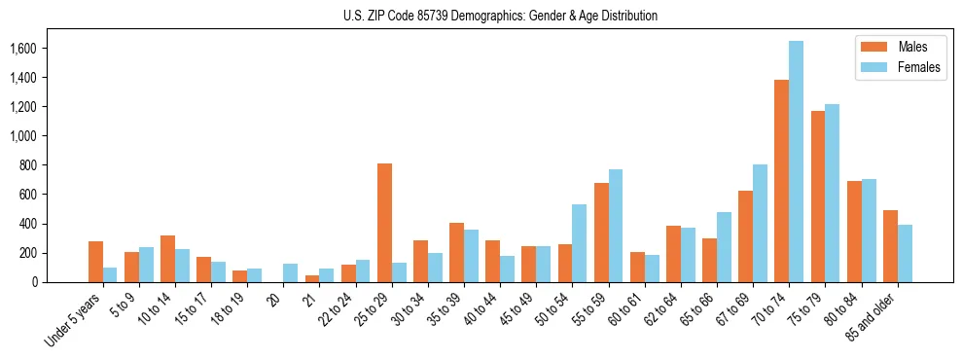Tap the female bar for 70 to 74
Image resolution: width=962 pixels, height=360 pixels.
coord(796,162)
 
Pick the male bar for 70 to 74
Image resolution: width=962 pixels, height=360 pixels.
coord(781,181)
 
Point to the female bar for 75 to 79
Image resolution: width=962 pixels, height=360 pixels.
coord(832,193)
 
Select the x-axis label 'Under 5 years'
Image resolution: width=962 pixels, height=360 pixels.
coord(74,315)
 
